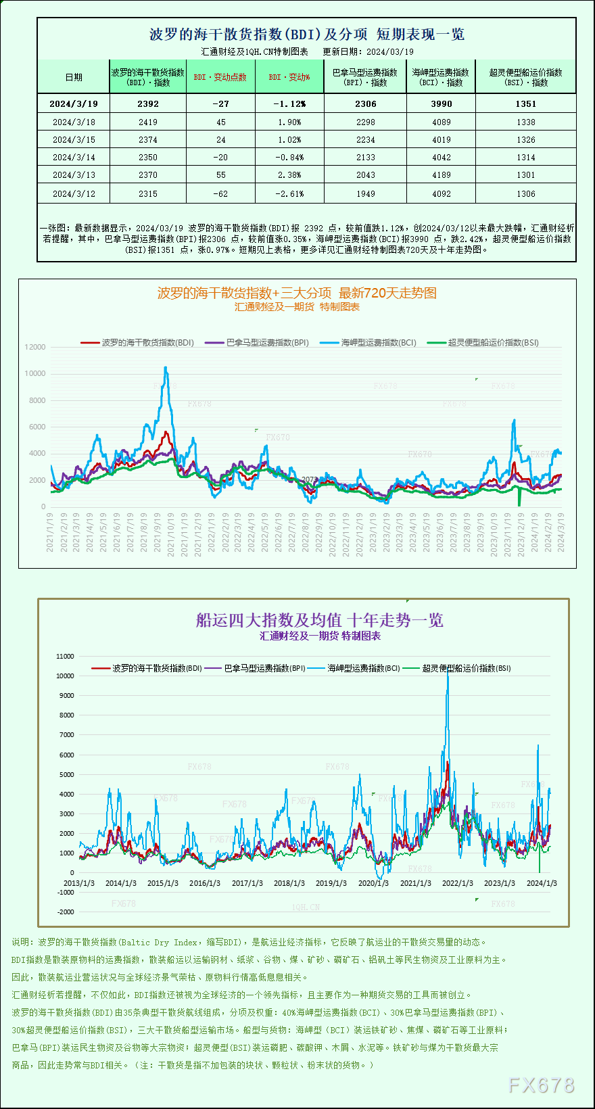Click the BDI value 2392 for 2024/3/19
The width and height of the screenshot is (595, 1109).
147,103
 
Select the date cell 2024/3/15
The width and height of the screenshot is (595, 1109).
74,140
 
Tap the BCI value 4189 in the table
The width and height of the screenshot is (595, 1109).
441,175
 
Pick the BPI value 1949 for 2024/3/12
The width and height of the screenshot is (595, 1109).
365,194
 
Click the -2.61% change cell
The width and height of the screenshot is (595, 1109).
289,194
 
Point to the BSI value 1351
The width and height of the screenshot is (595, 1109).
525,103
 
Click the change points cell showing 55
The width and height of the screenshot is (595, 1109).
220,175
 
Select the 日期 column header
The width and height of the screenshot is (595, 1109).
74,77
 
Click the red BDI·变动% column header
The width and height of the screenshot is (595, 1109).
289,77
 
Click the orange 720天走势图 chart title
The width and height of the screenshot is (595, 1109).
297,293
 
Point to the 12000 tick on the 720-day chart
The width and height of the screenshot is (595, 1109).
35,347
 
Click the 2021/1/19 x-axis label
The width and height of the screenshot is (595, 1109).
50,532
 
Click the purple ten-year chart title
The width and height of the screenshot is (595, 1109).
319,620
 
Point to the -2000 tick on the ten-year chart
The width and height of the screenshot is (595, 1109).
66,912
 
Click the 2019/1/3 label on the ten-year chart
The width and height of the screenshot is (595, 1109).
331,883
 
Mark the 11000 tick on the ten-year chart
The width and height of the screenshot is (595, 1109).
65,656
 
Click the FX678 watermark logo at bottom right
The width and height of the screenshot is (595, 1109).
541,1085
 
